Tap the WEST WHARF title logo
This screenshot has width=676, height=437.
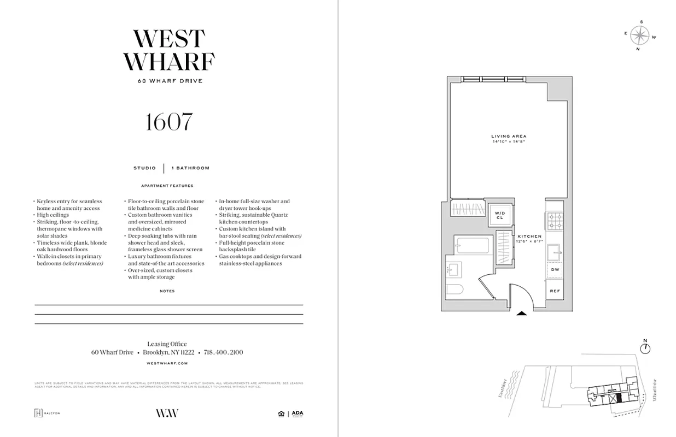[169, 51]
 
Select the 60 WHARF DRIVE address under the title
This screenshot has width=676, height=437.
[170, 81]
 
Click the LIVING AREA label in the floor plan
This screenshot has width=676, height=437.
[509, 136]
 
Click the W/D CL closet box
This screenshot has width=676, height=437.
[499, 215]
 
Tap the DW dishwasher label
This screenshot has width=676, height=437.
[555, 270]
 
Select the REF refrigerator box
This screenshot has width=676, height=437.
[555, 291]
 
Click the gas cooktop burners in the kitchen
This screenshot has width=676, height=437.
[555, 221]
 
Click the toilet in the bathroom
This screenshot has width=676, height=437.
[455, 290]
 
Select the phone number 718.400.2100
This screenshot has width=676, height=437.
[223, 353]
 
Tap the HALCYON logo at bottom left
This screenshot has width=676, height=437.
[47, 413]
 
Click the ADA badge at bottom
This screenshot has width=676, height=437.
[297, 414]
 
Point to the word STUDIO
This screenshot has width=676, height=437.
[144, 168]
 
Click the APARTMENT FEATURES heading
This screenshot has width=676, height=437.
[167, 186]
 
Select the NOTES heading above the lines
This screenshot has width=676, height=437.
[167, 291]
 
